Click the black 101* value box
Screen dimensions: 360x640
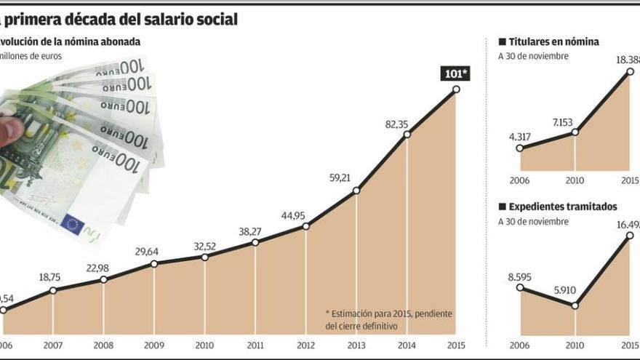[x=456, y=73]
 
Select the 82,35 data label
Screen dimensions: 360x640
[x=399, y=124]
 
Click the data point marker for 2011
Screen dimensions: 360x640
[x=255, y=242]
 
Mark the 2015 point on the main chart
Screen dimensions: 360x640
[x=457, y=89]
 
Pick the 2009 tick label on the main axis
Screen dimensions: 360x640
[x=154, y=346]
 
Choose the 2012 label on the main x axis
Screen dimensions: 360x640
[x=306, y=346]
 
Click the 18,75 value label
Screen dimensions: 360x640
[x=49, y=277]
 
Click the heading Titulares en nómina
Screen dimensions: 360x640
[x=553, y=42]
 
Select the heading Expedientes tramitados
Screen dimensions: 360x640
[x=562, y=207]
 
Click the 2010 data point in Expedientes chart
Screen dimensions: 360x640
[x=575, y=305]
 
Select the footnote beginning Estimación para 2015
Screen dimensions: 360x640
[x=388, y=319]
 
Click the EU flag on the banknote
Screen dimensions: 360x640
[x=72, y=224]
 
